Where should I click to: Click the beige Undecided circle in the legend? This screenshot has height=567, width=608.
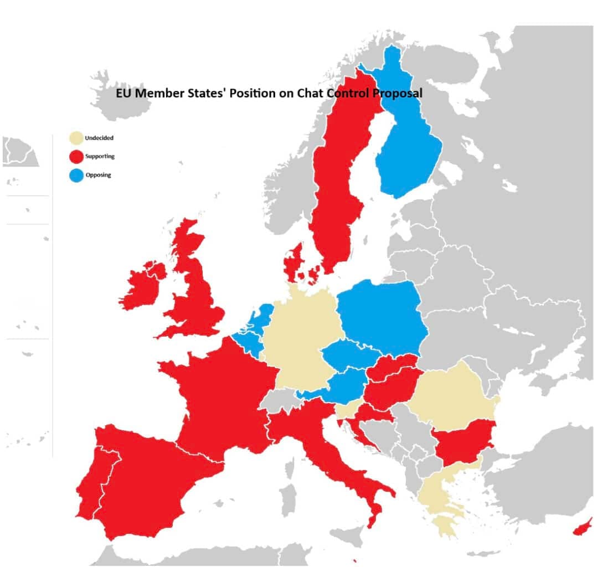[x=76, y=138]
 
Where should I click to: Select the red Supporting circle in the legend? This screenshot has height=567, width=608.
[x=76, y=157]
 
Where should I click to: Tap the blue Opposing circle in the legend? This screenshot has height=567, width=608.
[x=76, y=176]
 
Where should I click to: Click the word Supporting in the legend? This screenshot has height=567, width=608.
[x=100, y=157]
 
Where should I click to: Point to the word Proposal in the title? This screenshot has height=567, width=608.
[x=397, y=94]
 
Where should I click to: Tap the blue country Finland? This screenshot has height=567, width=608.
[x=407, y=150]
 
